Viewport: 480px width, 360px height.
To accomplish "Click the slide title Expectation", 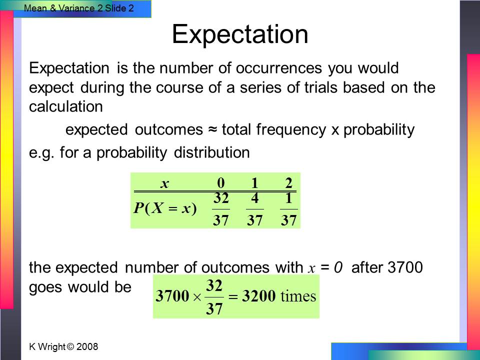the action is click(x=240, y=34).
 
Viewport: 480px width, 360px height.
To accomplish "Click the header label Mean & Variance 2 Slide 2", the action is click(x=79, y=8).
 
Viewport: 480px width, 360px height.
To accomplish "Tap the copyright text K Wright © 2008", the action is click(x=63, y=346).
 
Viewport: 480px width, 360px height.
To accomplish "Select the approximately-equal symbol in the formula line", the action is click(x=212, y=129).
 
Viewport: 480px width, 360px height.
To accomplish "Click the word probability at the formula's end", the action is click(x=379, y=130).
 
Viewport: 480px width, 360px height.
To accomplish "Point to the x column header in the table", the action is click(x=164, y=183).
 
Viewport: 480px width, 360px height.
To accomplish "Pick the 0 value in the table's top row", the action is click(x=220, y=183).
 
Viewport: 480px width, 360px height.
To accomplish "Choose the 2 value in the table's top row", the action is click(x=288, y=183).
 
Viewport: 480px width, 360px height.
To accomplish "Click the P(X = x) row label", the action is click(x=165, y=208).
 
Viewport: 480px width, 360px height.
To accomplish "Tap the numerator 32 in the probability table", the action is click(x=221, y=198).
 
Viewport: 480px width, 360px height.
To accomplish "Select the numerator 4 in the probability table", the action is click(x=254, y=198).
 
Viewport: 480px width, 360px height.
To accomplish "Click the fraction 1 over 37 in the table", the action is click(x=288, y=209).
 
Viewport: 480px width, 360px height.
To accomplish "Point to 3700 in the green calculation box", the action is click(x=172, y=295).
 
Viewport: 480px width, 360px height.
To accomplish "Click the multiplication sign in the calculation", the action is click(x=197, y=297).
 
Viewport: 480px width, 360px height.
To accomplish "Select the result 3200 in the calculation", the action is click(x=258, y=295).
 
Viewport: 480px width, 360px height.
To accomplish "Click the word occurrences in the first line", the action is click(x=279, y=68).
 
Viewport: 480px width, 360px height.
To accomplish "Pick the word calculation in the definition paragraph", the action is click(x=66, y=106).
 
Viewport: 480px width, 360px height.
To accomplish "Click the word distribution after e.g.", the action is click(x=212, y=152).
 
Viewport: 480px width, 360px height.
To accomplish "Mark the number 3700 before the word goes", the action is click(x=405, y=267).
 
